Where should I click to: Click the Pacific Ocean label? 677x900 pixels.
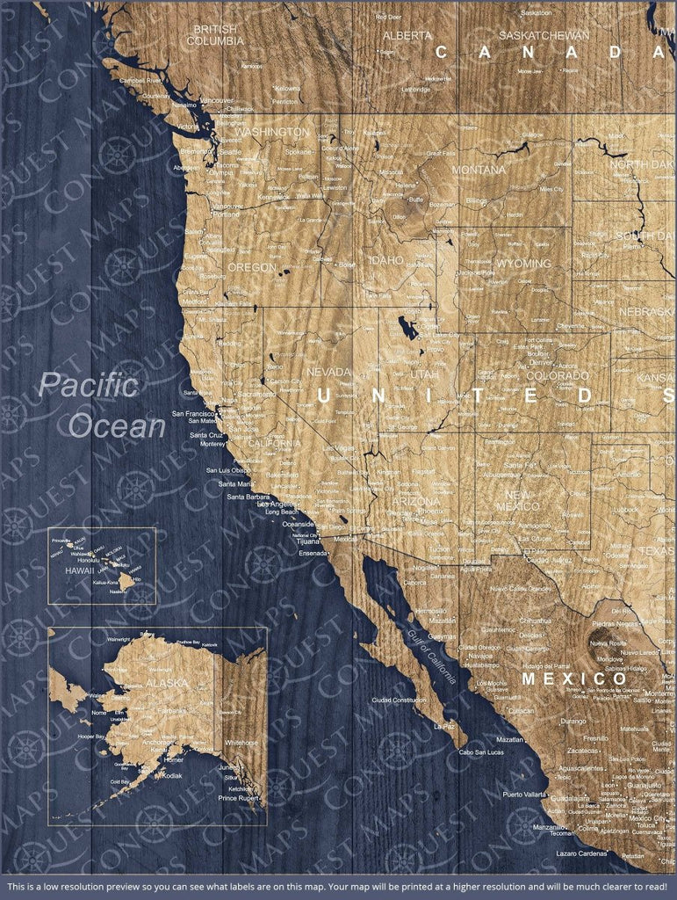[103, 405]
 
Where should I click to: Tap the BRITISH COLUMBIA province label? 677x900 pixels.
[216, 35]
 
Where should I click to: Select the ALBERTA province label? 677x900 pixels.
[407, 36]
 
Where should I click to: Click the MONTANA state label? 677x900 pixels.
[479, 170]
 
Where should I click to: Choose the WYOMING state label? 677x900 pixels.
[499, 264]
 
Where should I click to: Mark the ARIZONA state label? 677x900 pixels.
[416, 501]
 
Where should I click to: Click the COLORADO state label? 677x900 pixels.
[558, 376]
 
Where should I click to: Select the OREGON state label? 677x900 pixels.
[251, 267]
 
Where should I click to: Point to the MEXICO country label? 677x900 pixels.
[575, 679]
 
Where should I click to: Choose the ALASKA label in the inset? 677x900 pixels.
[167, 683]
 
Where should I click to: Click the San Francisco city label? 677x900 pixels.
[194, 413]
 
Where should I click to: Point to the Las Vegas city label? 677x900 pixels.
[340, 449]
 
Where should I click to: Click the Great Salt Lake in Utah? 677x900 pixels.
[407, 328]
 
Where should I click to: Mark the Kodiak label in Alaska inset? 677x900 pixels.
[172, 776]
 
